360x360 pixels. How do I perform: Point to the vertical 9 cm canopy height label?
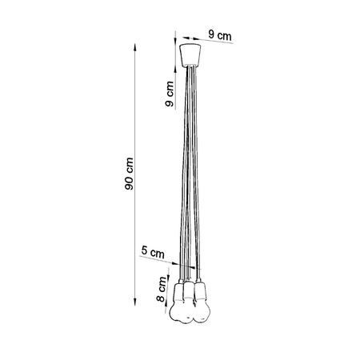coord(169,95)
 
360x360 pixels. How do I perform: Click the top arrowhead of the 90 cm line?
coord(133,46)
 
